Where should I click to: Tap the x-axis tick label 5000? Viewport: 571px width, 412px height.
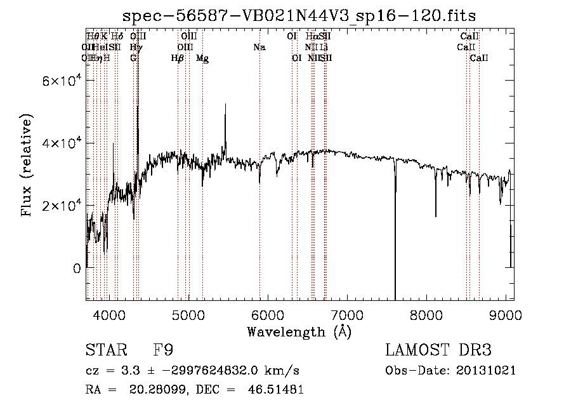[x=188, y=314]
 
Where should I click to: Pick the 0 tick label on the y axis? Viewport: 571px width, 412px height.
[x=77, y=268]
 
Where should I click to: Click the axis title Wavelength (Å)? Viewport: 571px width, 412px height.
[x=299, y=331]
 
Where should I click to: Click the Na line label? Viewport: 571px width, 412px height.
[x=259, y=47]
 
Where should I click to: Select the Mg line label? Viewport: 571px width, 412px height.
[x=202, y=58]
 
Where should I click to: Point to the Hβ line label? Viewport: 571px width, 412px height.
[x=177, y=58]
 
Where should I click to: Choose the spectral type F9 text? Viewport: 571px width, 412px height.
[x=163, y=350]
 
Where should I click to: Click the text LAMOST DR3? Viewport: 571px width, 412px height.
[x=438, y=350]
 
